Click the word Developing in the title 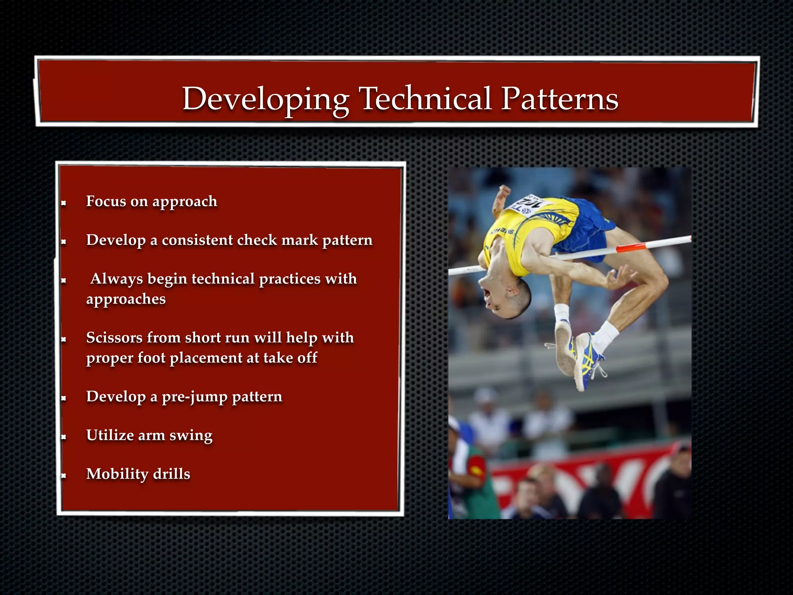pyautogui.click(x=266, y=99)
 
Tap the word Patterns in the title pyautogui.click(x=560, y=99)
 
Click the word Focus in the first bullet pyautogui.click(x=106, y=201)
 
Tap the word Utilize pyautogui.click(x=110, y=435)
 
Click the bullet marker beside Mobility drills pyautogui.click(x=64, y=475)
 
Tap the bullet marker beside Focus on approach pyautogui.click(x=64, y=203)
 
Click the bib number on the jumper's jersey pyautogui.click(x=531, y=203)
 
